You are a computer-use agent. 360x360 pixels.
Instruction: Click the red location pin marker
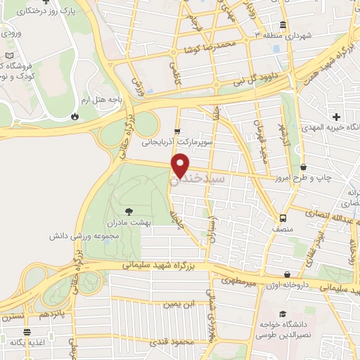[181, 164]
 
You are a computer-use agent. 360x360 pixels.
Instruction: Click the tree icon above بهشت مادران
[128, 210]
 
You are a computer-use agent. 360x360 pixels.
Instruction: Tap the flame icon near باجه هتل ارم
[75, 116]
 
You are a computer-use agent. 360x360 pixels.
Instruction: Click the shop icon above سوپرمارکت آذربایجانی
[177, 131]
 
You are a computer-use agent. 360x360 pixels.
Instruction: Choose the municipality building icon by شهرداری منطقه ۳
[283, 23]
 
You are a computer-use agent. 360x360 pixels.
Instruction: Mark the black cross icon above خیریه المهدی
[337, 116]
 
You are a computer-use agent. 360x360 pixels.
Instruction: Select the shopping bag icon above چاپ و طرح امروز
[303, 167]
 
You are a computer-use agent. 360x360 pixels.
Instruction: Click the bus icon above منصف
[283, 217]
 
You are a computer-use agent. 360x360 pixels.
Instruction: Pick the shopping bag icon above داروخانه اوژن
[288, 275]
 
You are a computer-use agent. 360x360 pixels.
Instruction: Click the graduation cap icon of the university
[282, 314]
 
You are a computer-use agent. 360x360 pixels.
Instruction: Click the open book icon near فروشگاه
[8, 56]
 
